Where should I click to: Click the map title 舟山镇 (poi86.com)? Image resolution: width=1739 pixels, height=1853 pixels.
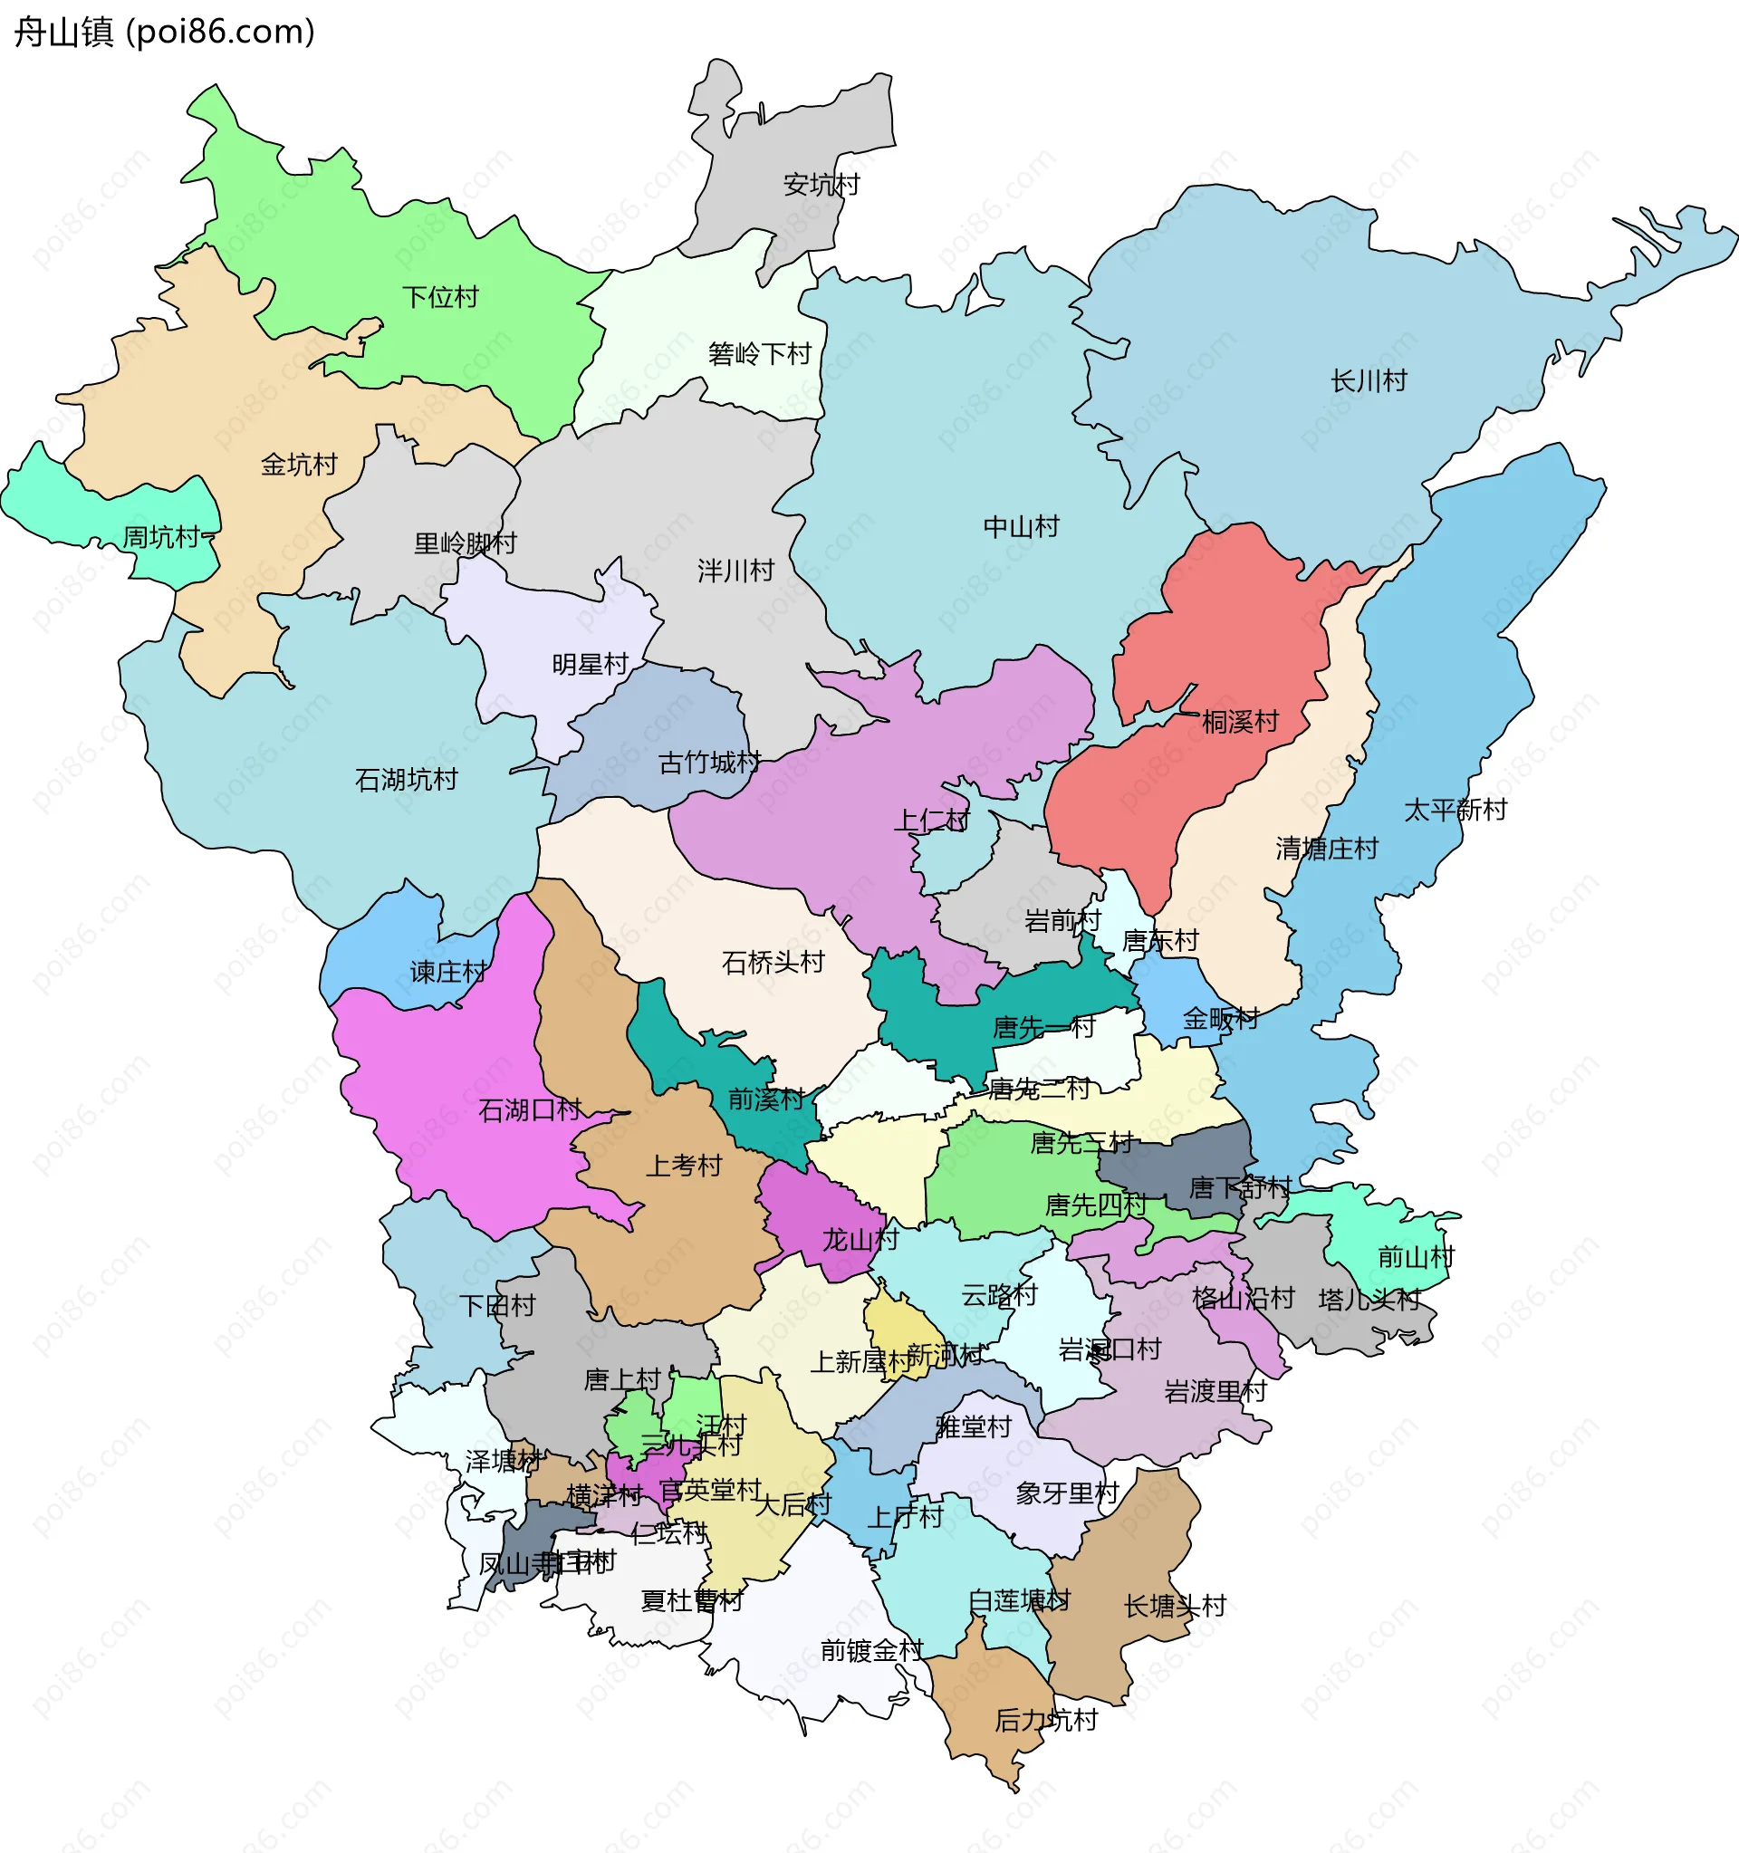164,32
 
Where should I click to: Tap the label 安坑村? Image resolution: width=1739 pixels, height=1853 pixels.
821,185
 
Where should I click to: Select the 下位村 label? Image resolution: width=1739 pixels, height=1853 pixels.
440,297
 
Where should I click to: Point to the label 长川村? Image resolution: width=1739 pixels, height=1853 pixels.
1368,380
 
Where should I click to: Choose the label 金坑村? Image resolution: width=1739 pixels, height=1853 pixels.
298,465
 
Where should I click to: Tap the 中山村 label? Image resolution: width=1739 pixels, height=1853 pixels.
1022,526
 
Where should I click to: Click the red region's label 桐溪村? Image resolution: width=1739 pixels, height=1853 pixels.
1239,722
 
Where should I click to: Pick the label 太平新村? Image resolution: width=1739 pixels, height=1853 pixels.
1455,809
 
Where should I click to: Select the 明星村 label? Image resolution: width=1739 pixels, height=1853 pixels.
590,664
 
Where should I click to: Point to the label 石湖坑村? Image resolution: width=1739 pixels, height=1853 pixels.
407,779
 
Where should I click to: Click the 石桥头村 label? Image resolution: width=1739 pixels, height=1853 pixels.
773,962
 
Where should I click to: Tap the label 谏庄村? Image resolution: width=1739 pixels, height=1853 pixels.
448,972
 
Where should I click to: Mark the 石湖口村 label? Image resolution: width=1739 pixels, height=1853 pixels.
529,1109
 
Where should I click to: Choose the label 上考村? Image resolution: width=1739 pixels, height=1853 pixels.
684,1165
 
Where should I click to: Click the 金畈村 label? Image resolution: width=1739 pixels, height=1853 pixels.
1220,1019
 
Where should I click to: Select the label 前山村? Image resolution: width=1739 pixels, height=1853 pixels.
1416,1257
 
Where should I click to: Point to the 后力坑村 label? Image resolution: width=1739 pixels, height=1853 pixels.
1045,1720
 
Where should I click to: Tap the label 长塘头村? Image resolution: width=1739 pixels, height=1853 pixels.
1174,1605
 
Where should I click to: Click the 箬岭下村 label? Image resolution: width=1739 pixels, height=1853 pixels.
760,354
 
